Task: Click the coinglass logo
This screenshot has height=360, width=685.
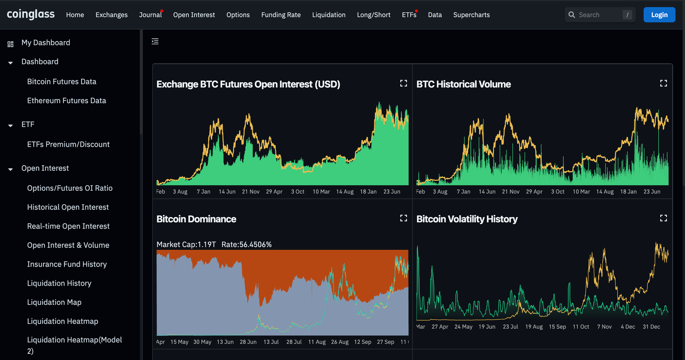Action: (x=31, y=15)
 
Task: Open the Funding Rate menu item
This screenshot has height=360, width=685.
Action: (x=281, y=15)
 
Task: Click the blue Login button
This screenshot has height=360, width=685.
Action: (x=659, y=15)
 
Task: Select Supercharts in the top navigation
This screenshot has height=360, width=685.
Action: (x=471, y=15)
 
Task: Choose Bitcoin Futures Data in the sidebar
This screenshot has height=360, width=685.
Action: (x=62, y=81)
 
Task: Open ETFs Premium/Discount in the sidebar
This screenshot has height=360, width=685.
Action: (x=68, y=144)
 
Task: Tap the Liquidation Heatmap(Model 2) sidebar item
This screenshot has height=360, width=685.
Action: (x=74, y=345)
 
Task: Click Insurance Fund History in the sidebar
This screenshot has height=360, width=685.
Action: (x=67, y=264)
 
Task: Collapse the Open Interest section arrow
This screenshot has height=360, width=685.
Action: (x=10, y=169)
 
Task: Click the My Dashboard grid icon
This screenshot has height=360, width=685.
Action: (x=10, y=44)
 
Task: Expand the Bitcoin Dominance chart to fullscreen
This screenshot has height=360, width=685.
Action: (x=403, y=218)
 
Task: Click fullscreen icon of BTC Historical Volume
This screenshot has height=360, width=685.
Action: (x=663, y=83)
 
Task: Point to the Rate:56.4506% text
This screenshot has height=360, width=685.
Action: (x=247, y=244)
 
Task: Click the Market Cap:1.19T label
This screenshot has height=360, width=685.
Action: (x=186, y=244)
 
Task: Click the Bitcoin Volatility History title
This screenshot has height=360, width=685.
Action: (x=467, y=219)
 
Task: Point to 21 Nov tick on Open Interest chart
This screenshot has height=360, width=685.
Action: (x=250, y=192)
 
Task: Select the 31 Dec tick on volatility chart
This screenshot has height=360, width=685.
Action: (x=651, y=327)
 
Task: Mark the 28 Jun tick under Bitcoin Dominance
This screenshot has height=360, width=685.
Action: (x=248, y=342)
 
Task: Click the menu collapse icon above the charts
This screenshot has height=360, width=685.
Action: (x=155, y=42)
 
